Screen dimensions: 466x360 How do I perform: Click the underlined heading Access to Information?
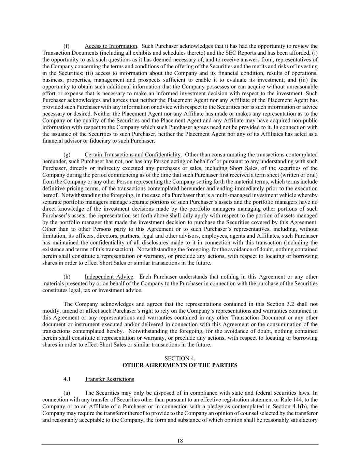click(111, 46)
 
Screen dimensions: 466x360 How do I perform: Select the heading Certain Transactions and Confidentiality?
click(132, 155)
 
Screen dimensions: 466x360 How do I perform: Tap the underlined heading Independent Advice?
click(109, 277)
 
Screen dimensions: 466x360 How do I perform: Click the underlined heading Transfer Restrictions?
click(109, 379)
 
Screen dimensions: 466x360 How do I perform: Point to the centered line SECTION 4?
click(180, 358)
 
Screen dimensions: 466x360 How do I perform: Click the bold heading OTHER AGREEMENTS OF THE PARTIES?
click(180, 365)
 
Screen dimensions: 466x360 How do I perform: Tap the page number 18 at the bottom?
click(180, 441)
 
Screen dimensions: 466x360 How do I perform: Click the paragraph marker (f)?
click(67, 46)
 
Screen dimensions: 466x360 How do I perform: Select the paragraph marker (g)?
click(67, 155)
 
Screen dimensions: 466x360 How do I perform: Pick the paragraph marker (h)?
click(67, 277)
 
